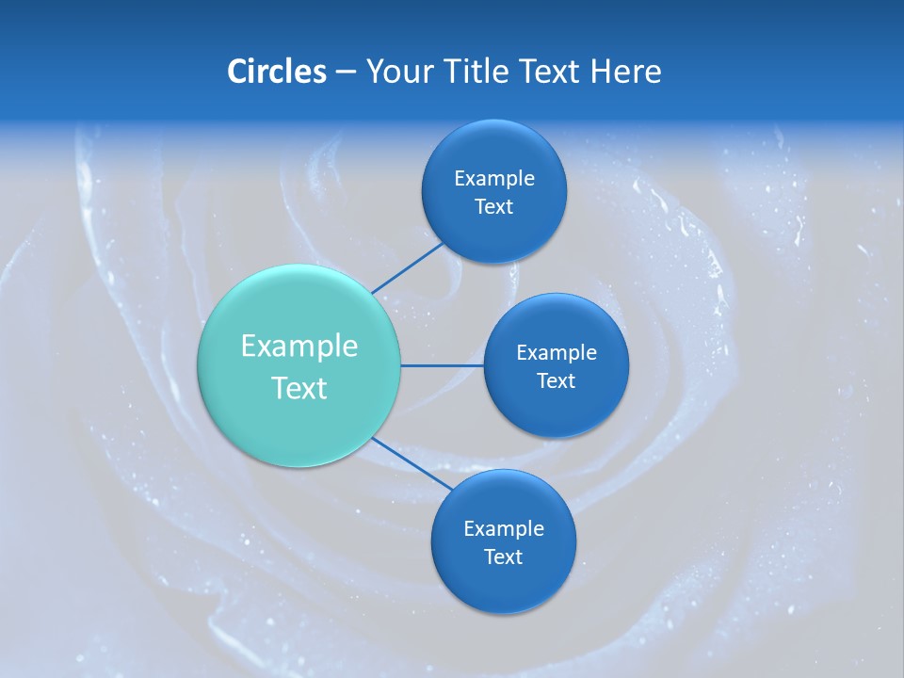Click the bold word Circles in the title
276,72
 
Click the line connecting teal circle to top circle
408,267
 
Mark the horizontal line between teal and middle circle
442,365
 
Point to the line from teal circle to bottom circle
412,462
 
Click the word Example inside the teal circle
299,347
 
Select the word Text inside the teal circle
299,388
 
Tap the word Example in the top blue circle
494,179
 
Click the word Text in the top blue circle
493,207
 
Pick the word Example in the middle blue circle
557,353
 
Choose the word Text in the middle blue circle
556,381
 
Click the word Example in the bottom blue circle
504,529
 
